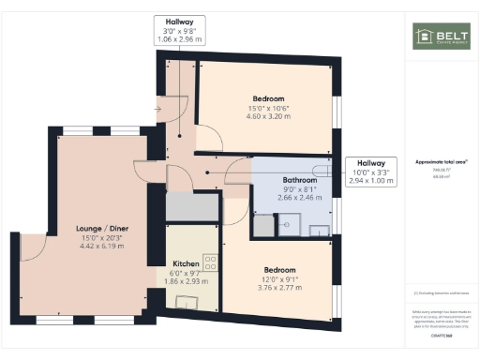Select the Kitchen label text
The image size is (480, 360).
click(x=186, y=264)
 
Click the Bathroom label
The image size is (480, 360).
click(x=285, y=179)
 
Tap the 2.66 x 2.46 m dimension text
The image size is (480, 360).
click(x=285, y=199)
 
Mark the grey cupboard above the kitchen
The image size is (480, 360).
click(x=191, y=206)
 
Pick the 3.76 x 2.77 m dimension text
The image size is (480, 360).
click(x=279, y=288)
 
